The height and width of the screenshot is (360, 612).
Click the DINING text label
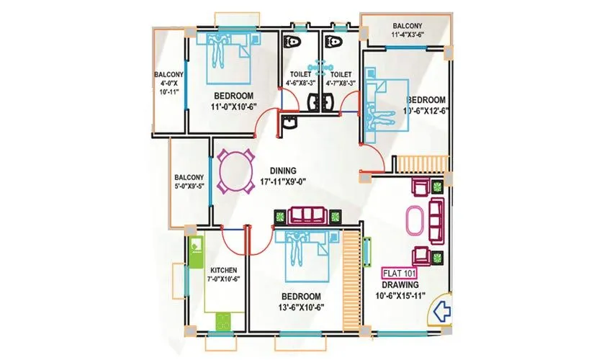coord(283,171)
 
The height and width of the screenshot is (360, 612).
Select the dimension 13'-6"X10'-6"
coord(300,307)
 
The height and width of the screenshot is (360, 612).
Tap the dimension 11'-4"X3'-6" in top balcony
coord(408,34)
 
